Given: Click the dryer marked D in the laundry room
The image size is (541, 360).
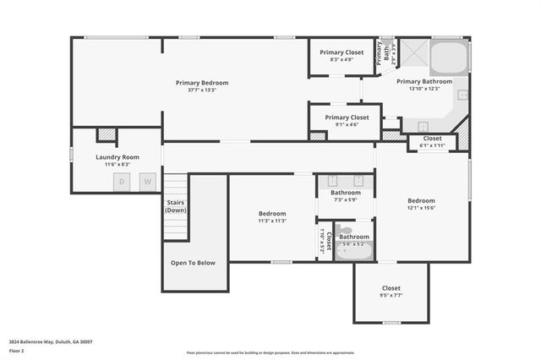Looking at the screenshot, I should [x=123, y=181].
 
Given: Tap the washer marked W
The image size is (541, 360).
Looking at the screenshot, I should [x=147, y=181].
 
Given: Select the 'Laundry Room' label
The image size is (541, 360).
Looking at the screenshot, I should [x=117, y=157].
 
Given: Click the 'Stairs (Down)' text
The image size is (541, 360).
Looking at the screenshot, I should [x=176, y=206].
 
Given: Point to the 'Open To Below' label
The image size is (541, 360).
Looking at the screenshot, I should [x=193, y=263].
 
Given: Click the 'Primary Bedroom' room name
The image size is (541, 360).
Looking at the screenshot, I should [x=202, y=83].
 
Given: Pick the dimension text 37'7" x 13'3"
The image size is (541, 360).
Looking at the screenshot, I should [x=202, y=90].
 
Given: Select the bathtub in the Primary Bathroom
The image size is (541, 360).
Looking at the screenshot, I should [x=449, y=59].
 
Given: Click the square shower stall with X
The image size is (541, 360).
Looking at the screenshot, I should [x=413, y=55].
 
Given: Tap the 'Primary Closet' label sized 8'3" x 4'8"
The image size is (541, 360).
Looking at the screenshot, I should [x=342, y=52].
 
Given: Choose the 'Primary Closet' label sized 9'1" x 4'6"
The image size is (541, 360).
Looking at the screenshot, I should [x=347, y=117].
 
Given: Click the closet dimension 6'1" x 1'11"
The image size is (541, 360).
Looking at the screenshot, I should [x=432, y=145].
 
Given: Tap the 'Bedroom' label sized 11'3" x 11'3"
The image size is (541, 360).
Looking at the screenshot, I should [x=272, y=214].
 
